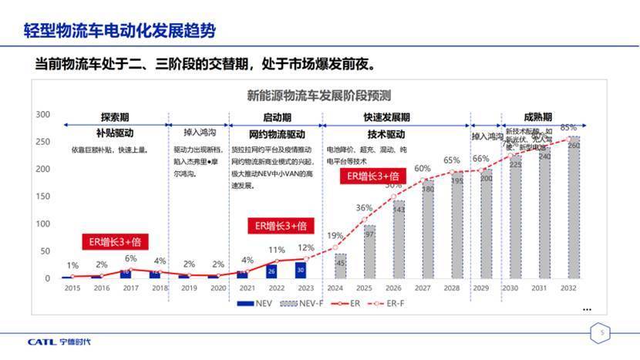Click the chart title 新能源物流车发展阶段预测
(x=319, y=96)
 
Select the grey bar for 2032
(x=574, y=208)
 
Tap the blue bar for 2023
(x=301, y=270)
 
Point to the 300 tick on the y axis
(x=44, y=115)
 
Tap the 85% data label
(x=568, y=127)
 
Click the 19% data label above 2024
(x=335, y=236)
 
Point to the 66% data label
(x=481, y=159)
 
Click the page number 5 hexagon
(x=604, y=333)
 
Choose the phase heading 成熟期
(x=537, y=117)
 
